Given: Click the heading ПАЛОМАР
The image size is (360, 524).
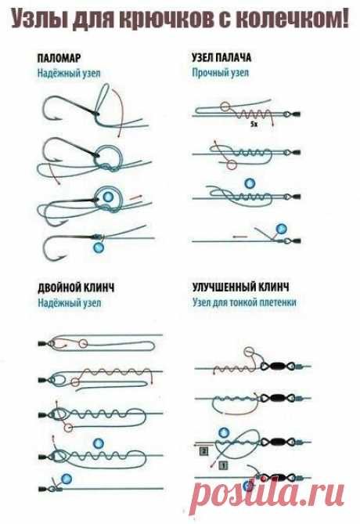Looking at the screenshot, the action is click(x=59, y=58).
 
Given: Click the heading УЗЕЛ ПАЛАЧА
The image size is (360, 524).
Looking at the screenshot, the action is click(x=221, y=57).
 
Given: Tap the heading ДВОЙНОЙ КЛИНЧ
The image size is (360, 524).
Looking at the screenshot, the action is click(x=76, y=287).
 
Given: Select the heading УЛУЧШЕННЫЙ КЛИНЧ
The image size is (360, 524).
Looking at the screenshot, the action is click(x=240, y=287).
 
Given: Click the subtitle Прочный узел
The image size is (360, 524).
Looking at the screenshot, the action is click(x=221, y=73).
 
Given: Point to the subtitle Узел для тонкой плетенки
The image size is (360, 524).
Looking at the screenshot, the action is click(x=244, y=302).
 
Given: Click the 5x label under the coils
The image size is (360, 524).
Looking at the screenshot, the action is click(x=254, y=125).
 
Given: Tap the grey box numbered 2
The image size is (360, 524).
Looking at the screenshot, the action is click(x=203, y=452).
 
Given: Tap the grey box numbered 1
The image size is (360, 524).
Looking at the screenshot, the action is click(x=224, y=464).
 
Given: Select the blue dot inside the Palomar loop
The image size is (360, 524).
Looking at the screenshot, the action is click(x=107, y=197).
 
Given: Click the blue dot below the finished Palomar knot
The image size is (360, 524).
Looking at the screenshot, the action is click(x=98, y=248).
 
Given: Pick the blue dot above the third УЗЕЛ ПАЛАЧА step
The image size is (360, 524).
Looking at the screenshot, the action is click(x=250, y=183).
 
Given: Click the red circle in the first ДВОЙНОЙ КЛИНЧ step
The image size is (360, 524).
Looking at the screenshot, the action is click(x=83, y=343).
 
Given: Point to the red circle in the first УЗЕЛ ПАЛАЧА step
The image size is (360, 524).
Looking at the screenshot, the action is click(x=225, y=107).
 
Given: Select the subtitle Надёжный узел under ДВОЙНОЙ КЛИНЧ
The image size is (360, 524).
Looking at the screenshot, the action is click(x=69, y=303).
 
